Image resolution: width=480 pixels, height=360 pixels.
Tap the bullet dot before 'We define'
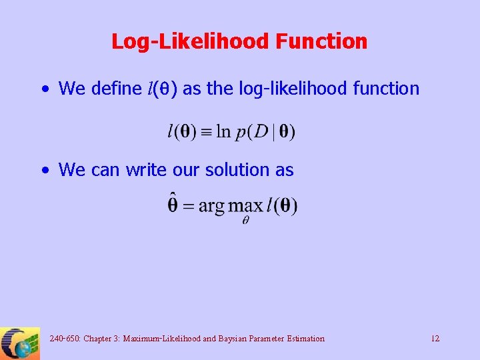(x=45, y=89)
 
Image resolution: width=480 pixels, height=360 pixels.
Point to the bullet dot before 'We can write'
(x=45, y=171)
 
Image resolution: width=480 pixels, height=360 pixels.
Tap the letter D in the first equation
(x=261, y=132)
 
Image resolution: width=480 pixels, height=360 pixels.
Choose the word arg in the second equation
(x=211, y=207)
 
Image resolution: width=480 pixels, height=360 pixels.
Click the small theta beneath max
(x=245, y=221)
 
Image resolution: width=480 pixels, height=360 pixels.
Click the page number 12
(x=435, y=339)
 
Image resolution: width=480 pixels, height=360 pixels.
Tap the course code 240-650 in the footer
(x=63, y=339)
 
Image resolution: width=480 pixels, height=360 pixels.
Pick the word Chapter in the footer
(x=100, y=339)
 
